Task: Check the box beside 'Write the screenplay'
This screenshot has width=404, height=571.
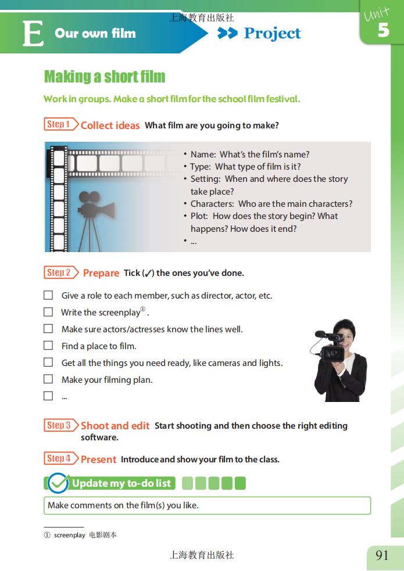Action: tap(48, 312)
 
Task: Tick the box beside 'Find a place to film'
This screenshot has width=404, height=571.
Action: tap(48, 345)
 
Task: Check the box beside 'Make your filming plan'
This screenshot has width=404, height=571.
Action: tap(48, 379)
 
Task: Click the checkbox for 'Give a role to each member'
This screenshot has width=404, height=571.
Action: tap(48, 295)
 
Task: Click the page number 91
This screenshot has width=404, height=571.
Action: tap(382, 555)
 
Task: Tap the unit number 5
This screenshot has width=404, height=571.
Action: tap(383, 30)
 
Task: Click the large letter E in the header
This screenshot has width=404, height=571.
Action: tap(33, 34)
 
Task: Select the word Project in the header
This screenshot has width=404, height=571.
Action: tap(272, 34)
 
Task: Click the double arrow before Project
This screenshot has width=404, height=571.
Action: tap(227, 33)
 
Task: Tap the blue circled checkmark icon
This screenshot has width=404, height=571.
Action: tap(58, 483)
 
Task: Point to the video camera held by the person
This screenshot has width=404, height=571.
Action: tap(330, 347)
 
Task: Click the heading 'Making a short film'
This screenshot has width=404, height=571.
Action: tap(105, 77)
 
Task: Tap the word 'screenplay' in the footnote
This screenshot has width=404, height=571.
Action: tap(70, 535)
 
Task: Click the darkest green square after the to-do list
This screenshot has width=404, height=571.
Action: tap(240, 483)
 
